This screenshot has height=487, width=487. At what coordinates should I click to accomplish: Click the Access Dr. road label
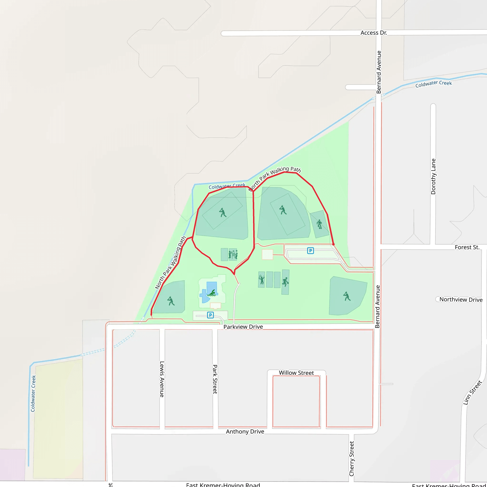374,33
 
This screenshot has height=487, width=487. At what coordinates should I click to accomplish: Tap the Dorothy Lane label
433,176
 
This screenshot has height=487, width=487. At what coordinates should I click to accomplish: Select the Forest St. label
467,247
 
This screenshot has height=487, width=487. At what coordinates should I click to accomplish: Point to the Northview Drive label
461,299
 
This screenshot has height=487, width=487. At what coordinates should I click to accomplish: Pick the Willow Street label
296,373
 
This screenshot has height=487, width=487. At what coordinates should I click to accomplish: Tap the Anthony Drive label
245,432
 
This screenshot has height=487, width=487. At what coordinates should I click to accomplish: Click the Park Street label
215,379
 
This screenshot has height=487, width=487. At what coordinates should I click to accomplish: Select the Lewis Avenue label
162,379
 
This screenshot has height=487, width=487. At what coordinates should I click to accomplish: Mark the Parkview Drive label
243,327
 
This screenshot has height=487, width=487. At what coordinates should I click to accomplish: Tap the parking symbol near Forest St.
310,251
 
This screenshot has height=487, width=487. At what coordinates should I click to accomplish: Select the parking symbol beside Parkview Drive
210,315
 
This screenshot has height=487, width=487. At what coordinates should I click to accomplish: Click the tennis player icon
262,280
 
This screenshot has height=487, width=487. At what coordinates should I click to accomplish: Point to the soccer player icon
319,224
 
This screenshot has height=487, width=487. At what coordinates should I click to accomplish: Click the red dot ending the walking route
333,244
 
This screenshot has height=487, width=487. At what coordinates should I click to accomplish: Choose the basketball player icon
285,282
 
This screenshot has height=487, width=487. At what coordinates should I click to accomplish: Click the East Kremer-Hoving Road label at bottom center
223,484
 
